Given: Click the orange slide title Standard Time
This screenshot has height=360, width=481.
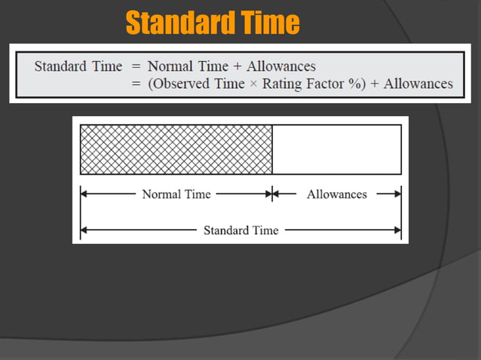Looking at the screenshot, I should [x=212, y=23].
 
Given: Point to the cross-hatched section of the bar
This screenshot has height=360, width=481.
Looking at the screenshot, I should [x=176, y=149].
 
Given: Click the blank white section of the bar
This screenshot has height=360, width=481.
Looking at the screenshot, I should [x=337, y=149].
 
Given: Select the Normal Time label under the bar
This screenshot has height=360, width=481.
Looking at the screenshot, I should [x=176, y=194].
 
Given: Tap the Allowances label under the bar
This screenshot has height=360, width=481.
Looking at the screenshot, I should [x=337, y=194].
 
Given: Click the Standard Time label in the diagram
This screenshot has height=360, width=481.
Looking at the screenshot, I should [x=240, y=230].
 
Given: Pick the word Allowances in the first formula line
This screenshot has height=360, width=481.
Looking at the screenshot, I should [x=281, y=66].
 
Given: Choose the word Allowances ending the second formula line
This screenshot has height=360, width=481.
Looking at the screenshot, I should [x=418, y=84].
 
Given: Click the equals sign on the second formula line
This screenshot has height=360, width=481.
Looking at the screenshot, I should [x=136, y=84].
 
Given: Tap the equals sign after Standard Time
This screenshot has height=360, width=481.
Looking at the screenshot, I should [x=136, y=66].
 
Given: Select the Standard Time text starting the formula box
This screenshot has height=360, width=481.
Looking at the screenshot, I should [x=78, y=66].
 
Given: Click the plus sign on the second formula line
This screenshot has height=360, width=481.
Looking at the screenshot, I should [x=372, y=84].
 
